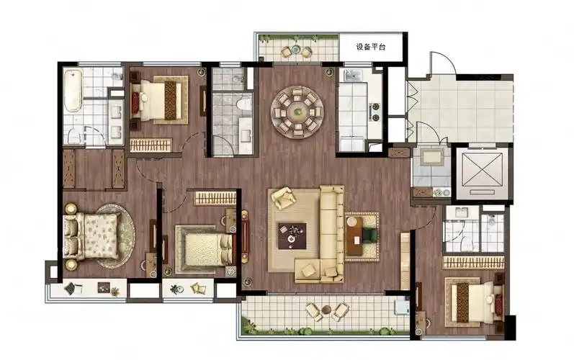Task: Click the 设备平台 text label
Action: coord(370,47)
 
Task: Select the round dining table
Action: coord(297,112)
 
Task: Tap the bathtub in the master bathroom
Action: coord(73,91)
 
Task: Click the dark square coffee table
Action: coord(292,236)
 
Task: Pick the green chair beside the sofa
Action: coord(369,235)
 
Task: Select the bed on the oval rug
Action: coord(91,236)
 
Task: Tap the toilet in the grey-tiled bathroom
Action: coord(244,104)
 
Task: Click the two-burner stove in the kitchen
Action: coord(375,112)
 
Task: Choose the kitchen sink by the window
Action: coord(352,76)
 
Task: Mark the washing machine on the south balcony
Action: coord(402,307)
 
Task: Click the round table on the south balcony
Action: coord(326,310)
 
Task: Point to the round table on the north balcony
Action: coord(296,50)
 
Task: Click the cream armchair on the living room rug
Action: coord(284,198)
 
